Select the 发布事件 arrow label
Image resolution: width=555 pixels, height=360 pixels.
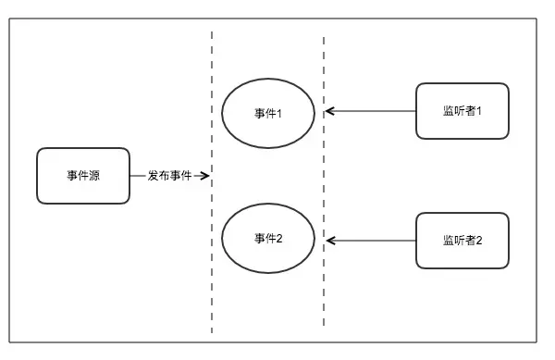pyautogui.click(x=169, y=175)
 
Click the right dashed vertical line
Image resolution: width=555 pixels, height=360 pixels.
pyautogui.click(x=324, y=278)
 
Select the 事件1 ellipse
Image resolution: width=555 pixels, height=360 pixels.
pyautogui.click(x=268, y=112)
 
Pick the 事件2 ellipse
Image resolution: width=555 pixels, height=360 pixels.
pyautogui.click(x=268, y=239)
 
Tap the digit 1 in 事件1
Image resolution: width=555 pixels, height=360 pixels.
pyautogui.click(x=278, y=113)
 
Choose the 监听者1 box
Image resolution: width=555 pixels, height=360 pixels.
pyautogui.click(x=462, y=111)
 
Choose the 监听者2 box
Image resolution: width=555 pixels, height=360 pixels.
pyautogui.click(x=462, y=240)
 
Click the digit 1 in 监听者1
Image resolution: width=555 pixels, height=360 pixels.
pyautogui.click(x=479, y=111)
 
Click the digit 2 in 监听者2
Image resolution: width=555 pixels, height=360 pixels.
pyautogui.click(x=479, y=241)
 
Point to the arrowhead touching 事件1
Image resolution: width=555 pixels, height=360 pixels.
pyautogui.click(x=329, y=112)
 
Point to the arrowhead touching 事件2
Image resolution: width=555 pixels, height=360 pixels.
pyautogui.click(x=329, y=241)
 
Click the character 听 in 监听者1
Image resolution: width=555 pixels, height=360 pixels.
pyautogui.click(x=460, y=111)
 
